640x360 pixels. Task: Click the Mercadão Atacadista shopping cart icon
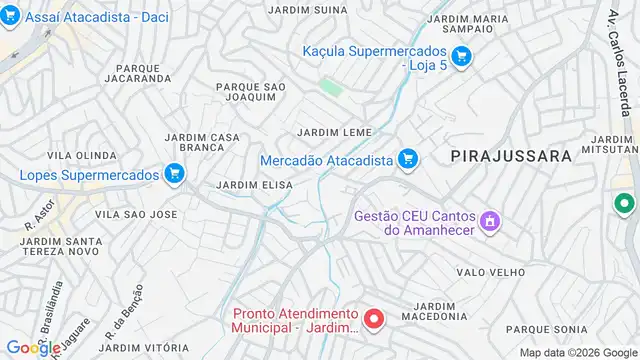coord(407,159)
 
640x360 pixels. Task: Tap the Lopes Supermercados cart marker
coord(175,175)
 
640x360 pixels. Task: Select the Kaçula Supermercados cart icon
coord(461,58)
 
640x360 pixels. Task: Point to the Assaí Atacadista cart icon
coord(11,17)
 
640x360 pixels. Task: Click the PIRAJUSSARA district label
coord(510,156)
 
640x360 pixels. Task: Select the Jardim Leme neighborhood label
coord(334,132)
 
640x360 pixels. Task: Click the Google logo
coord(33,347)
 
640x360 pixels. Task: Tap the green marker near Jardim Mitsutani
coord(625,204)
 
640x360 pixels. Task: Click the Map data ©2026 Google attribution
coord(576,352)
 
